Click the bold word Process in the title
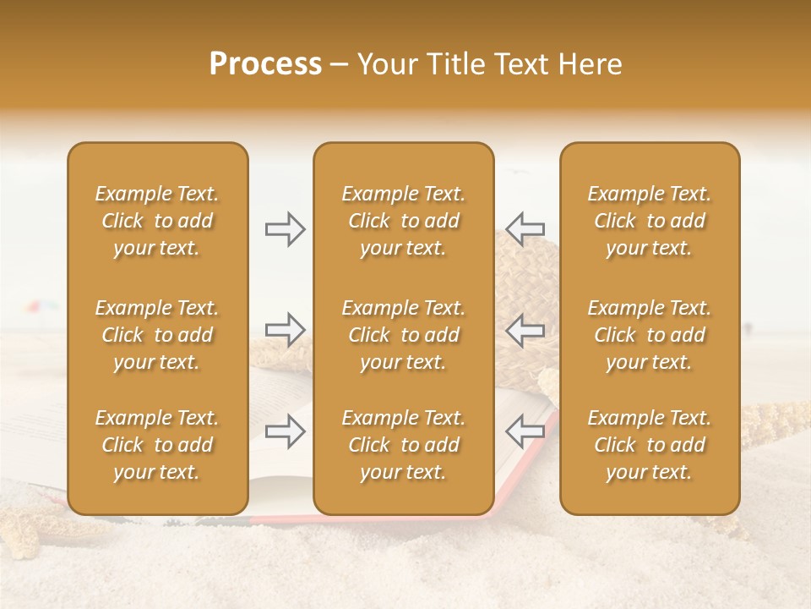265,64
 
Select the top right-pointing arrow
285,228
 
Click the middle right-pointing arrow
285,330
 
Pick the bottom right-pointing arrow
285,431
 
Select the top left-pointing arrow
525,228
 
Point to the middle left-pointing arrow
525,330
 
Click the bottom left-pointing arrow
525,431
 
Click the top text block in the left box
157,221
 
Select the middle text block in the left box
157,335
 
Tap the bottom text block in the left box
157,445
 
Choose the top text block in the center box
403,221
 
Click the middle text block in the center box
403,335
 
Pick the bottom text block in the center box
403,445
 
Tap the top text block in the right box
649,221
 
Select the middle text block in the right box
649,335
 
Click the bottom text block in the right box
649,445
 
